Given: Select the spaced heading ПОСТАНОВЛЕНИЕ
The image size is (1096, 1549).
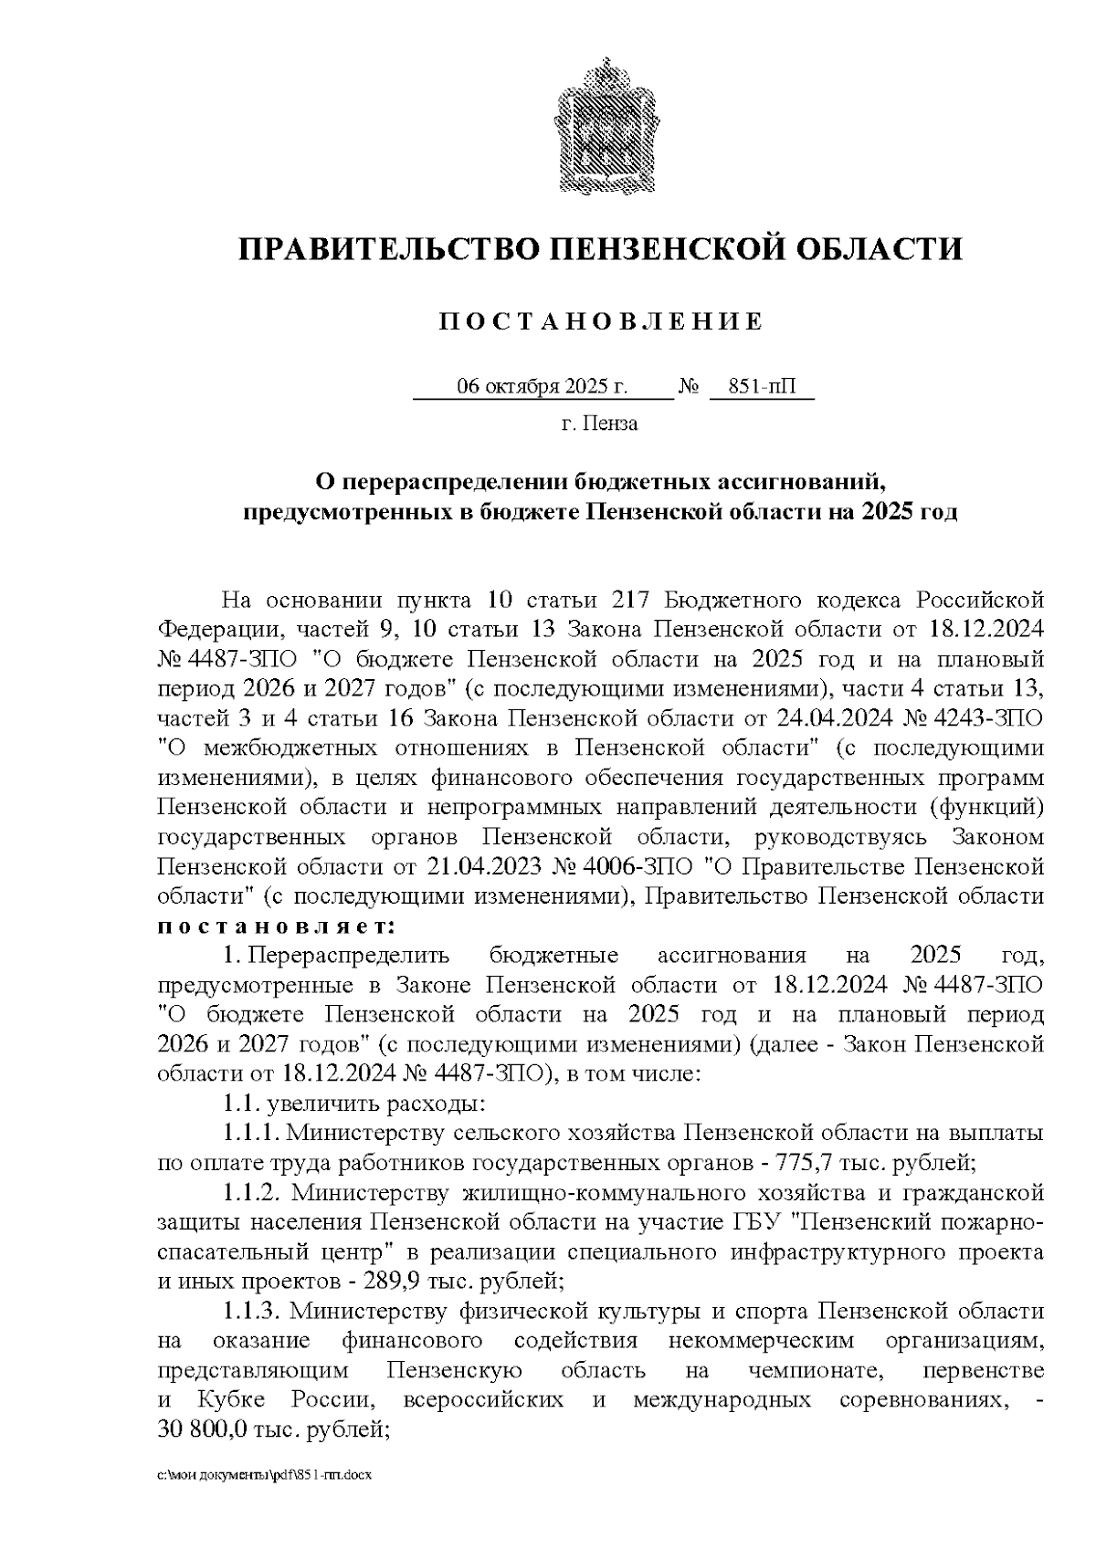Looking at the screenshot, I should [x=600, y=322].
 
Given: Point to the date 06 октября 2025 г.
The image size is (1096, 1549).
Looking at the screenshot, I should [x=543, y=387].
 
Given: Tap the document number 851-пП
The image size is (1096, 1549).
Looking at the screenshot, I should [x=762, y=387].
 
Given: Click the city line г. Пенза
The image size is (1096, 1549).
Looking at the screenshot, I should [x=600, y=424].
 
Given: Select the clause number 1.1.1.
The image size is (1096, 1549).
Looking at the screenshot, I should [x=252, y=1133].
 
